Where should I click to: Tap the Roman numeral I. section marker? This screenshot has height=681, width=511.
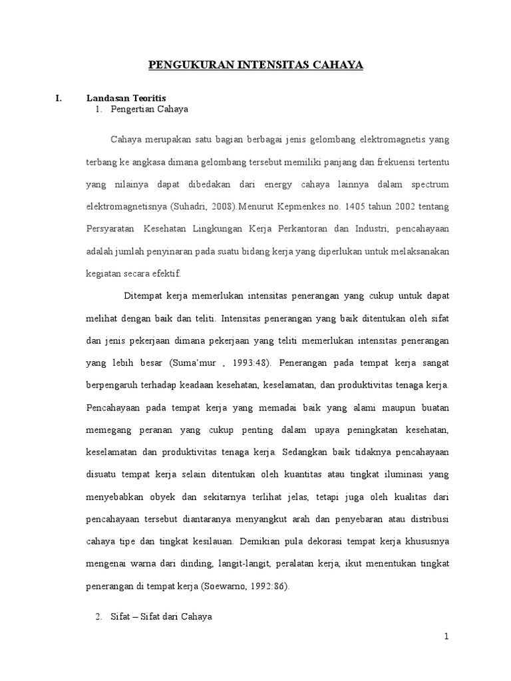(58, 98)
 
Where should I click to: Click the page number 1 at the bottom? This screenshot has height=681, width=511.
(447, 637)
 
